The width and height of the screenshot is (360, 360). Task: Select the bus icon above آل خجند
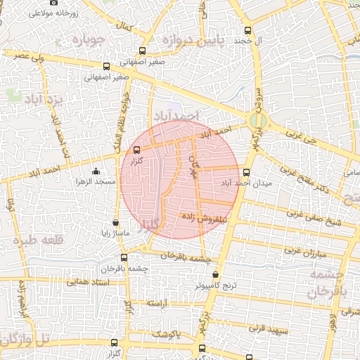[x=247, y=30]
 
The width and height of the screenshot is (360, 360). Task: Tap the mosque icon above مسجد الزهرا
[x=96, y=171]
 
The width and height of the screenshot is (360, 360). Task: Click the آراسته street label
[x=160, y=302]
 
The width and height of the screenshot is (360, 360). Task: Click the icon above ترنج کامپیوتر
[x=216, y=275]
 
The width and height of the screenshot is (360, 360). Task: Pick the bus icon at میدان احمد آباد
[x=245, y=172]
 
